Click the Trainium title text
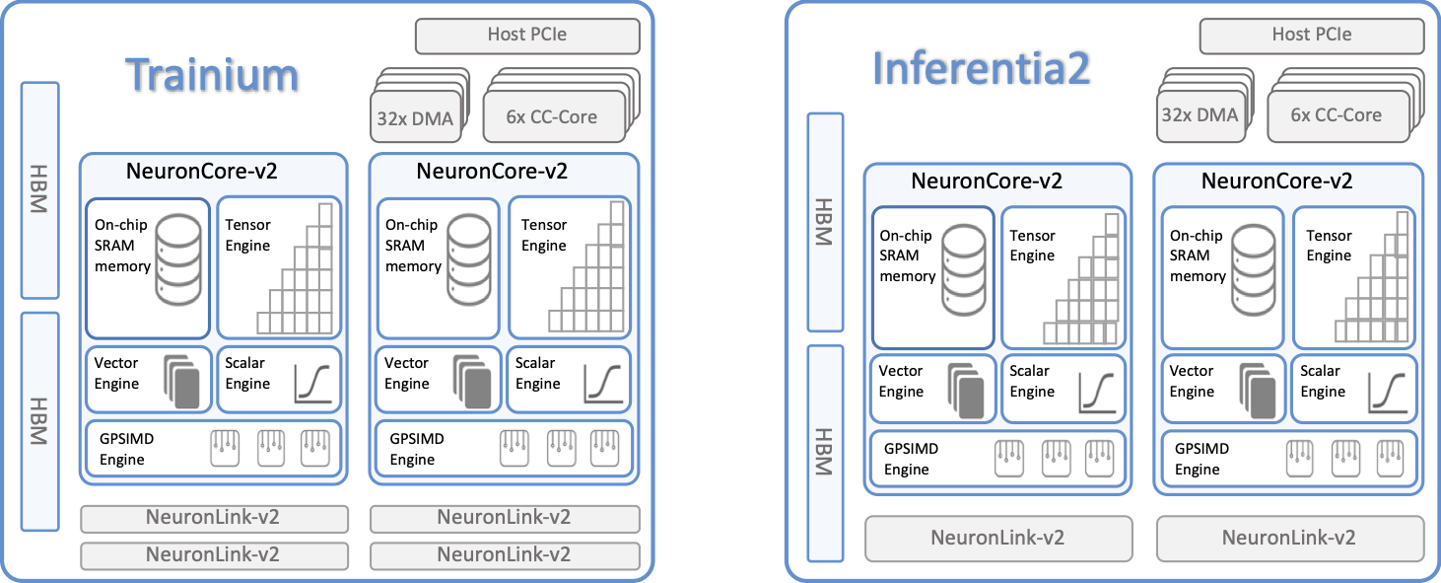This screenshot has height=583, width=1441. (x=213, y=75)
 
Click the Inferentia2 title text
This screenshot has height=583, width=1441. (x=981, y=68)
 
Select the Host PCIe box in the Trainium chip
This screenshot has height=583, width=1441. (x=527, y=36)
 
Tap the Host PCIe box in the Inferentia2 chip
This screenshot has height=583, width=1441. (x=1311, y=35)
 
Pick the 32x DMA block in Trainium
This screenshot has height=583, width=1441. (x=414, y=119)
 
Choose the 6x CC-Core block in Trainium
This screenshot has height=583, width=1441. (x=552, y=117)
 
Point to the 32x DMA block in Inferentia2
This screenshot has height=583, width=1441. (x=1199, y=115)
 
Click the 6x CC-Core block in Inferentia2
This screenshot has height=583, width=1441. (x=1336, y=115)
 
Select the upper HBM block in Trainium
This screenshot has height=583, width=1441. (x=39, y=189)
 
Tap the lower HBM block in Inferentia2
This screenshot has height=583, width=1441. (x=825, y=452)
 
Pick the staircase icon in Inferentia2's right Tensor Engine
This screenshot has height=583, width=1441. (x=1376, y=280)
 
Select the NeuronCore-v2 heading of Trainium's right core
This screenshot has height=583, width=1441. (x=492, y=171)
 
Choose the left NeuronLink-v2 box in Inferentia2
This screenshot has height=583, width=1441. (x=997, y=538)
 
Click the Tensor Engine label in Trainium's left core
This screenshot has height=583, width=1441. (x=247, y=235)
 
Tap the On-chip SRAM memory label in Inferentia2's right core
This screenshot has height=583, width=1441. (x=1197, y=256)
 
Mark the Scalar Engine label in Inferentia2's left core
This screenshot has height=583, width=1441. (x=1031, y=381)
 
